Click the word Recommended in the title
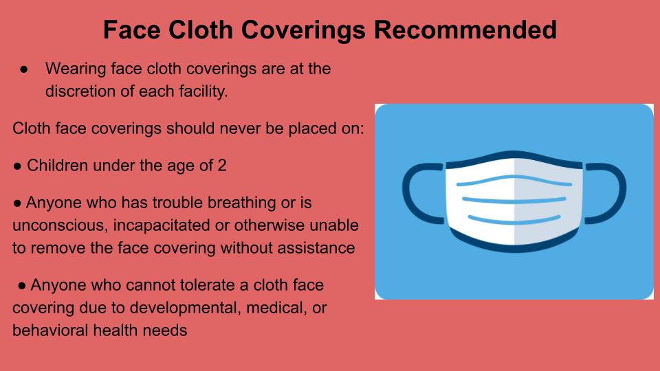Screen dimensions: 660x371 (465, 30)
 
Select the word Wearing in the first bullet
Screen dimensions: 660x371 (76, 69)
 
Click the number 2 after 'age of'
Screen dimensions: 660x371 (222, 166)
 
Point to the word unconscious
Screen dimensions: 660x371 (60, 225)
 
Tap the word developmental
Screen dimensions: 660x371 (185, 308)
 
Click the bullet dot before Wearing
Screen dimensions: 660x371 (24, 69)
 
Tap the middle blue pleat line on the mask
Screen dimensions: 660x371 (514, 200)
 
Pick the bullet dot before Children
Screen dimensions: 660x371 (17, 166)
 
